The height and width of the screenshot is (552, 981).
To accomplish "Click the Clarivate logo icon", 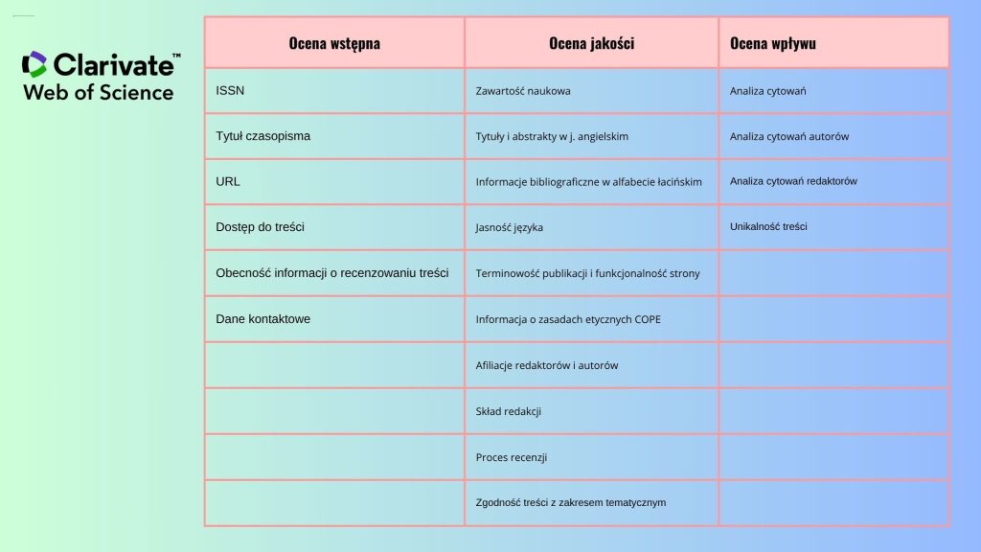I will point(34,64).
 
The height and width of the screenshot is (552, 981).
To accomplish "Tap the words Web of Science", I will point(98,93).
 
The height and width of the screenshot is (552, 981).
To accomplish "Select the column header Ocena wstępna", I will point(334,43).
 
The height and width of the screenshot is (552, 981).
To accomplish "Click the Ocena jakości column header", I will point(591,43).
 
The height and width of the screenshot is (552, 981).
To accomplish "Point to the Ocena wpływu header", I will point(772,43).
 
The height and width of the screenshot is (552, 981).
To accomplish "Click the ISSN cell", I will point(230,90).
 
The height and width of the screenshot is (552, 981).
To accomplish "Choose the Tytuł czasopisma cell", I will point(262,136).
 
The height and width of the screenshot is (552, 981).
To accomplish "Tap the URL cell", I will point(228,181).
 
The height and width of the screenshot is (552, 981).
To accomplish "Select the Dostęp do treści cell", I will point(260,227).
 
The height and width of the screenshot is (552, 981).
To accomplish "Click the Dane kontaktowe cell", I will point(262,318).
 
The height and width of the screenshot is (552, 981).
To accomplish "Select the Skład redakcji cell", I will point(509,411).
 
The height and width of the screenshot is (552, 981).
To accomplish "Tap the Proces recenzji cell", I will point(512,457).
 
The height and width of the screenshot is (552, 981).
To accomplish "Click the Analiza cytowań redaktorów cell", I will point(793,181).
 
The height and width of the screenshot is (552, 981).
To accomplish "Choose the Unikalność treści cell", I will point(768,227).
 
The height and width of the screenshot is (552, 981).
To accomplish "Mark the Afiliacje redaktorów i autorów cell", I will point(547,365).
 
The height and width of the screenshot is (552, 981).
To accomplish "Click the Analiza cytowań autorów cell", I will point(788,136).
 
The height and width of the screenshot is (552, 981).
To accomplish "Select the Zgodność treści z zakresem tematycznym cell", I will point(570,502).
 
